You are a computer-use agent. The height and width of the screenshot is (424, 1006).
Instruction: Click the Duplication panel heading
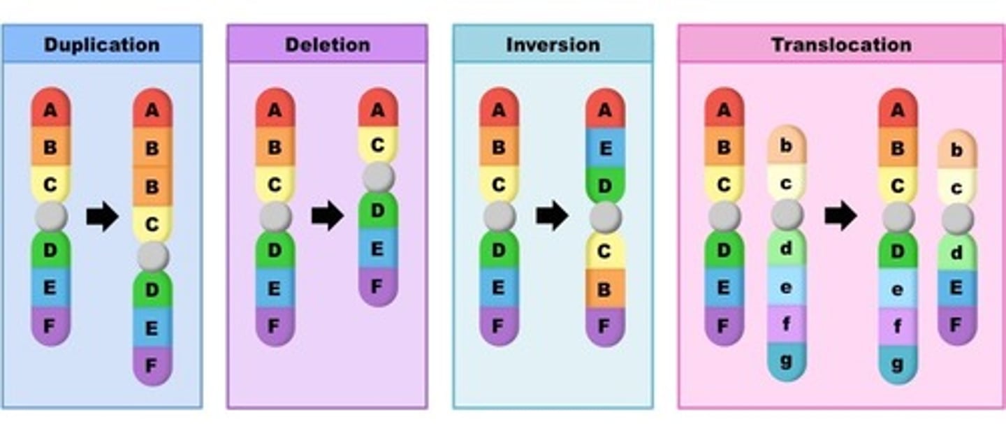coord(102,45)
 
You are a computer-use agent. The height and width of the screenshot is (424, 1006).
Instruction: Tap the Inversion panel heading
coord(553,45)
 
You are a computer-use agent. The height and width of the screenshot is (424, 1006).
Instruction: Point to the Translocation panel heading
coord(840,45)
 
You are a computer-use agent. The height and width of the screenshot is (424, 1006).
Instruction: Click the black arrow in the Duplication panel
coord(102,217)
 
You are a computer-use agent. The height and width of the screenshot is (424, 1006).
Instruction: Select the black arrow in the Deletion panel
coord(327,217)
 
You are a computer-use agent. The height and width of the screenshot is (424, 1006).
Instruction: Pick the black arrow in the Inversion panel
coord(552,217)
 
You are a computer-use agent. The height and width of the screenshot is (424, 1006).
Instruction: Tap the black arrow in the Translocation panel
coord(840,217)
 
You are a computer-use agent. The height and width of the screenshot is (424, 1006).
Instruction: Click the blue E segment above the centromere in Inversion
coord(605,147)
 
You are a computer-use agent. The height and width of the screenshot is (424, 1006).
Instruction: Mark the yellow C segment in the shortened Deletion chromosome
coord(377,145)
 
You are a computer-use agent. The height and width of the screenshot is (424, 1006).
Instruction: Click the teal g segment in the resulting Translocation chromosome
coord(898,364)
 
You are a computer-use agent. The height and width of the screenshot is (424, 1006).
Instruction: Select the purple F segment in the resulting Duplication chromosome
coord(152,365)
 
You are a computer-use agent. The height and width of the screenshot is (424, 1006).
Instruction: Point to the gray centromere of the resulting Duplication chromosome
coord(152,257)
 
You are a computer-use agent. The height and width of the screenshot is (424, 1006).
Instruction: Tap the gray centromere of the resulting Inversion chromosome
coord(605,218)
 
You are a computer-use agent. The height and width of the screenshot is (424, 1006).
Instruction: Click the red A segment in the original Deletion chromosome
coord(275,110)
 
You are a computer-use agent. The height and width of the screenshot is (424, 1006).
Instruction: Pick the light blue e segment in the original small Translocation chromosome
coord(787,286)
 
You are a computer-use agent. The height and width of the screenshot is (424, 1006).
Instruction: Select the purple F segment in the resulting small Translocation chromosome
coord(957,324)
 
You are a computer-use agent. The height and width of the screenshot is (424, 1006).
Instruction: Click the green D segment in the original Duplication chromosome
coord(50,250)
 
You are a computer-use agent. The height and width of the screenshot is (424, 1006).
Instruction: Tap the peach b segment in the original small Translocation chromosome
coord(787,146)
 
